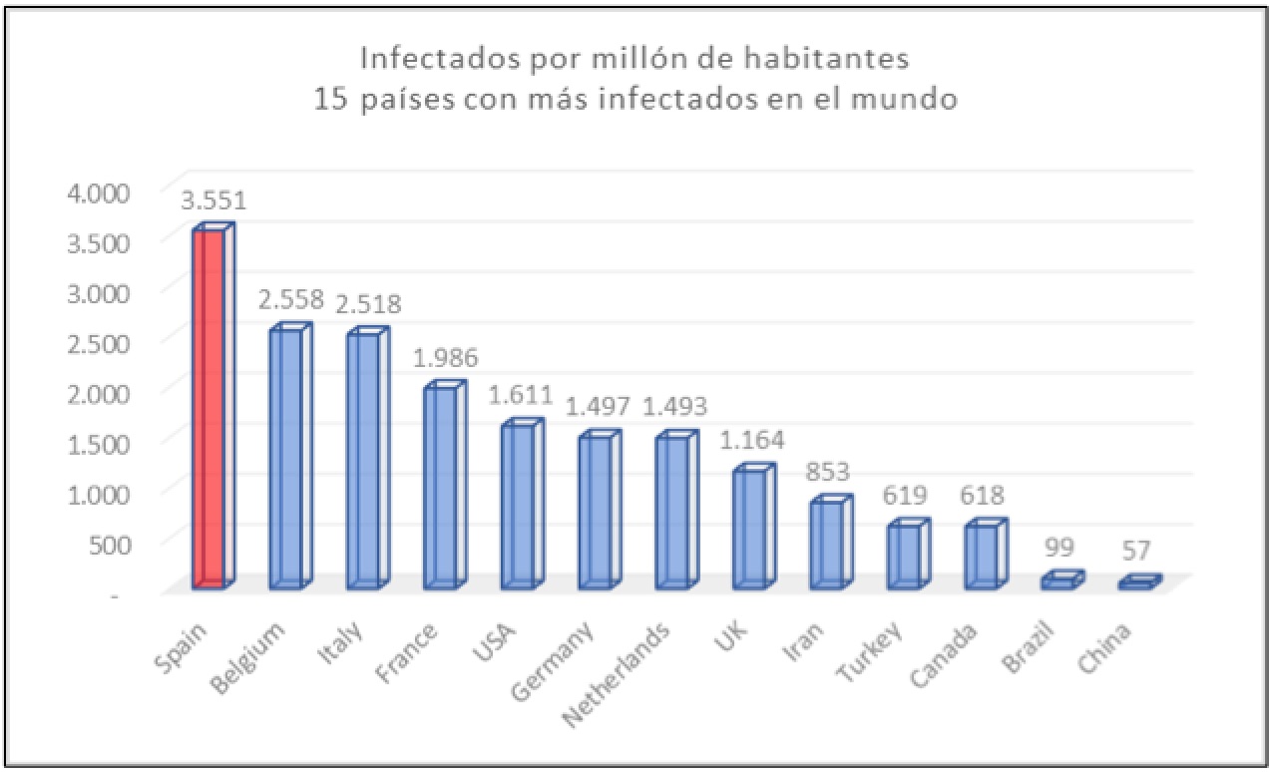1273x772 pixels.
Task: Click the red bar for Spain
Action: [213, 406]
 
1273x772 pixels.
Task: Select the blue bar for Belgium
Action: [290, 456]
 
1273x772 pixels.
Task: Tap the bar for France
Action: [445, 485]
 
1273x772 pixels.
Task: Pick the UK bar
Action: [754, 526]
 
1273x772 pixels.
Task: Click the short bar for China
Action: [1140, 582]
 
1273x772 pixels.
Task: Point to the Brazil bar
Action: [1063, 579]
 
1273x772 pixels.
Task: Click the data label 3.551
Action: [213, 200]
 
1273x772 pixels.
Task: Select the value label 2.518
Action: [368, 304]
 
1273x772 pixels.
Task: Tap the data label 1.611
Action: [521, 395]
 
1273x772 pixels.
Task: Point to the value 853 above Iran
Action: [827, 472]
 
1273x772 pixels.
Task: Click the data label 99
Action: [1060, 548]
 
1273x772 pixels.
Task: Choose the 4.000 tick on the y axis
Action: [99, 193]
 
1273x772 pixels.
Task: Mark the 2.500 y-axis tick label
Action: [99, 344]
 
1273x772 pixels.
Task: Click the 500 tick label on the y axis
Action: [110, 545]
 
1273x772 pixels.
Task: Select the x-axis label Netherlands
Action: [617, 675]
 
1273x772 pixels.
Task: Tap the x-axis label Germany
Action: [552, 662]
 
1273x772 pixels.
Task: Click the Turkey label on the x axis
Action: [870, 652]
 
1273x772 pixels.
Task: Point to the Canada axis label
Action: [944, 655]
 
